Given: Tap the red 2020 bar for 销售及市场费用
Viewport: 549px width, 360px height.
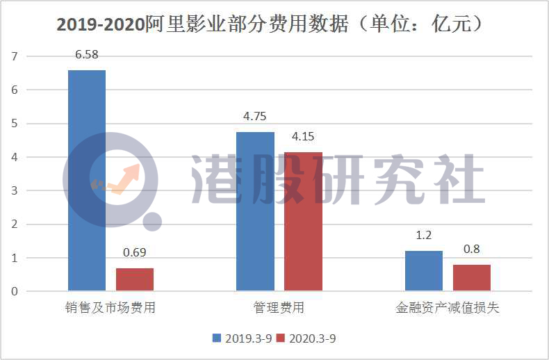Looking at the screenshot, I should (135, 279).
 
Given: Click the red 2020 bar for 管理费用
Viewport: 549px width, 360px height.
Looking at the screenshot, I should (303, 220).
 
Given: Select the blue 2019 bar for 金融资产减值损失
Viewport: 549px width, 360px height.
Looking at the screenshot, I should (423, 270).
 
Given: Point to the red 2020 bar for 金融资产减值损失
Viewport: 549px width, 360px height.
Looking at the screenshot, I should (471, 277).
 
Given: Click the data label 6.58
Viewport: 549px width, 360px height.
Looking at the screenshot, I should (87, 54).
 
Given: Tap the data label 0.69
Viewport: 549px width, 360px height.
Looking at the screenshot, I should (135, 252).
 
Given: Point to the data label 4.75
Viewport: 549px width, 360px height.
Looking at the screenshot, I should (255, 116).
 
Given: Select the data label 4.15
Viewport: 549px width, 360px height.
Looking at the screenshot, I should (303, 136).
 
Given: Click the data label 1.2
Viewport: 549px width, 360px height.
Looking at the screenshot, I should (423, 236).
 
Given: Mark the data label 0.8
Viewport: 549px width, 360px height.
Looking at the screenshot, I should (471, 249).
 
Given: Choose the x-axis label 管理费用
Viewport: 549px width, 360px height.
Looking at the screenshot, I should (279, 308).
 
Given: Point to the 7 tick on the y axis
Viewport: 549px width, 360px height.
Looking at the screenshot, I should (14, 56).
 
